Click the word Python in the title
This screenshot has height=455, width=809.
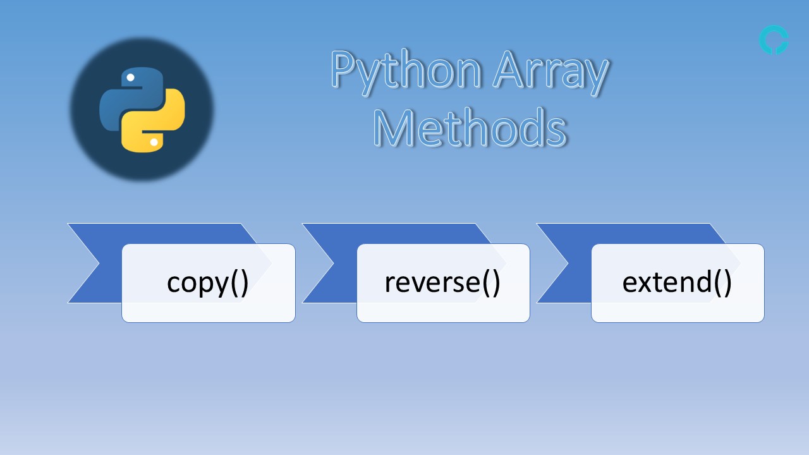coord(405,71)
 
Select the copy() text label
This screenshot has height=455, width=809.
coord(208,282)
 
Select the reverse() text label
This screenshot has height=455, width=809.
coord(442,282)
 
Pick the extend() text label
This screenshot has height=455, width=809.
coord(677,282)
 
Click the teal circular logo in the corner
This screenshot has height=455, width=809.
coord(773,40)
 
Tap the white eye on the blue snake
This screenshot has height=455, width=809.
coord(130,78)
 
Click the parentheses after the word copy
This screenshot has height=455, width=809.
coord(240,283)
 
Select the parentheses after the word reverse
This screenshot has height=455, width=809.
coord(490,283)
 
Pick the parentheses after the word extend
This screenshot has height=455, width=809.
coord(722,283)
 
